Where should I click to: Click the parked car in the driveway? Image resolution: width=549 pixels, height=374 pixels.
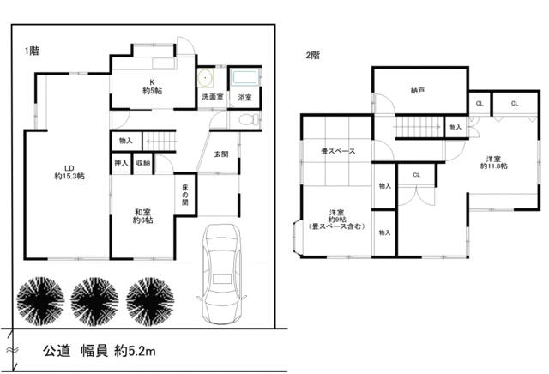click(221, 274)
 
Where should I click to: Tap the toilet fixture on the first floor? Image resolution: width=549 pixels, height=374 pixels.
click(250, 120)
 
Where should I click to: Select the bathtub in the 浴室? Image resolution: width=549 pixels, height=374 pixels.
click(244, 77)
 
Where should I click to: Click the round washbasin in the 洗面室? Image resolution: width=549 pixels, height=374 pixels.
click(205, 78)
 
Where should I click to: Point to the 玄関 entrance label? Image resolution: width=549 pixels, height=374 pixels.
click(221, 154)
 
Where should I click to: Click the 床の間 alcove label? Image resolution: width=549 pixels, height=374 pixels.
click(185, 195)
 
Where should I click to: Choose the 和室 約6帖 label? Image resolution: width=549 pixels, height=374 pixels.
click(143, 216)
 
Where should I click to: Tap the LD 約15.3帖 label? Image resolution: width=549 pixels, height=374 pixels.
click(69, 172)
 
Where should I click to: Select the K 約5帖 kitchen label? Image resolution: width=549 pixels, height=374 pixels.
click(153, 87)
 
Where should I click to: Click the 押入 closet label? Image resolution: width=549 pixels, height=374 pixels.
click(121, 163)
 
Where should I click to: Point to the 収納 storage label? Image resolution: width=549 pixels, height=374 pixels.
click(143, 163)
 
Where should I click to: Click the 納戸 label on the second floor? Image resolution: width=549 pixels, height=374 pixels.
click(418, 91)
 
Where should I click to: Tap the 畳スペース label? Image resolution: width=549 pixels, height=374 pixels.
click(338, 151)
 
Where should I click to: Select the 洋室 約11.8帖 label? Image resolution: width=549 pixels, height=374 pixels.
click(494, 162)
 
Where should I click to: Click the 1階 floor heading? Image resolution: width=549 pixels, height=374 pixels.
click(32, 51)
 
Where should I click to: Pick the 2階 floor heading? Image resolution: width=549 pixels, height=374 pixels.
click(312, 56)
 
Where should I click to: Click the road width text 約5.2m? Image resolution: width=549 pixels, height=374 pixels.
click(135, 351)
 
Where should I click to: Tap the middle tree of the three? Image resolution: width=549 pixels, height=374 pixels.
click(94, 302)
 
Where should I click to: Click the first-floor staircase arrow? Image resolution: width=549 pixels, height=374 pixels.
click(162, 142)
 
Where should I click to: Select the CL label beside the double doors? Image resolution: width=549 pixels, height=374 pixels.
click(416, 175)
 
